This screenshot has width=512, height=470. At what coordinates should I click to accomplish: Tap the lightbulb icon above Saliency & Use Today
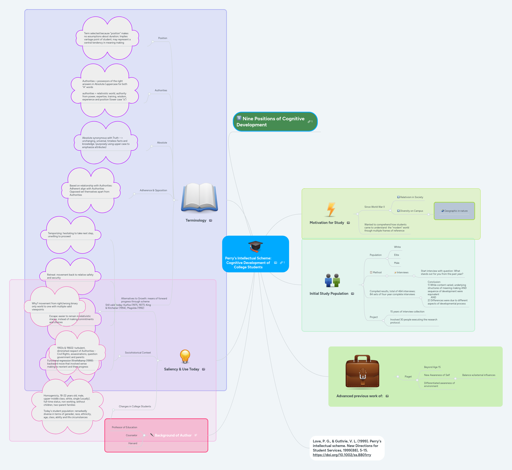click(x=185, y=356)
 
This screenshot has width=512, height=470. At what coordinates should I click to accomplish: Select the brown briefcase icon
click(x=362, y=372)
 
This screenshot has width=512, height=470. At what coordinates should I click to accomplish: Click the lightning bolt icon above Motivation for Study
click(x=331, y=209)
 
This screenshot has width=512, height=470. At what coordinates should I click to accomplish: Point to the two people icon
click(x=332, y=280)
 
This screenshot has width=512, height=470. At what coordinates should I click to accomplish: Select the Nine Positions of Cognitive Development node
click(x=273, y=122)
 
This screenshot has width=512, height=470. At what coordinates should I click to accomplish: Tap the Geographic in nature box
click(x=454, y=211)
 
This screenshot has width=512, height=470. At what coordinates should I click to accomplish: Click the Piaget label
click(x=408, y=377)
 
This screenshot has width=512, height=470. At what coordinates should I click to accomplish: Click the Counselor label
click(x=131, y=435)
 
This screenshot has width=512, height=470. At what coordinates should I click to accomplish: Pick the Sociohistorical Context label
click(x=138, y=353)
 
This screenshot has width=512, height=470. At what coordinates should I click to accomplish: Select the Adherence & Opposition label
click(x=153, y=190)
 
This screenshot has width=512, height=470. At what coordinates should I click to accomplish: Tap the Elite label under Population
click(x=396, y=255)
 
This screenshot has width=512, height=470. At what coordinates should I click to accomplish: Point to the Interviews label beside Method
click(x=402, y=272)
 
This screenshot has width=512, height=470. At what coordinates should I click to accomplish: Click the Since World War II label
click(x=374, y=207)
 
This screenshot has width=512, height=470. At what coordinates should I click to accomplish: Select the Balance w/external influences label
click(x=478, y=375)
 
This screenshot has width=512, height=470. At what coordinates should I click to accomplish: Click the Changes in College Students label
click(x=135, y=406)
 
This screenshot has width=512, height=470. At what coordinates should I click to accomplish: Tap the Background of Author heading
click(x=173, y=435)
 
